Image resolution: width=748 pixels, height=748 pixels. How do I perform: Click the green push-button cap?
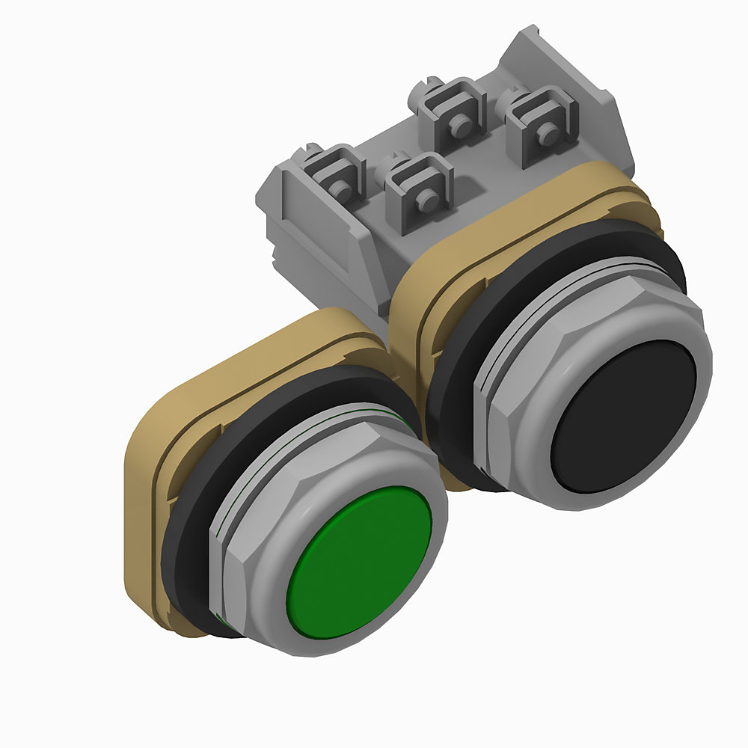click(x=359, y=561)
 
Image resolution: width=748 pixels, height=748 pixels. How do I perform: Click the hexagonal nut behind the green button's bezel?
click(x=232, y=554)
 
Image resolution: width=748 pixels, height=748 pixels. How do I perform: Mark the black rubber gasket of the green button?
click(x=180, y=539)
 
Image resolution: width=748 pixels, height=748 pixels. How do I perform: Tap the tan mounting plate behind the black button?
click(x=411, y=314)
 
